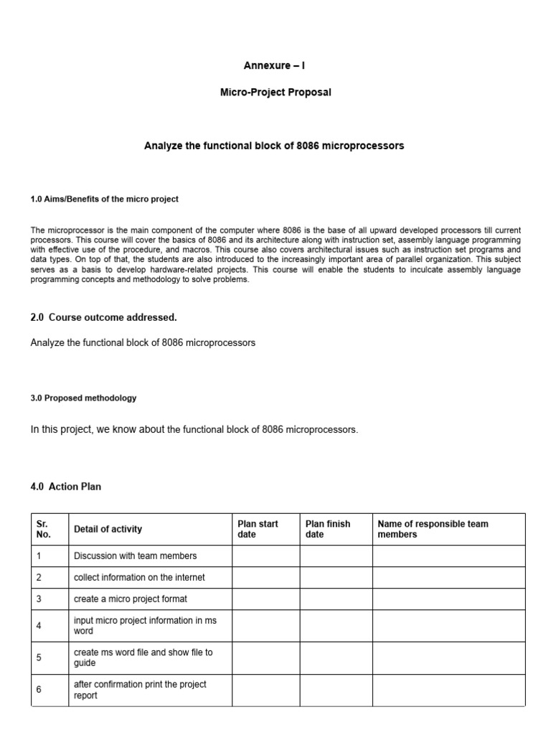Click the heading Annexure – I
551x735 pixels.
[x=275, y=65]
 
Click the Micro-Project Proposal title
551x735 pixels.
[x=275, y=93]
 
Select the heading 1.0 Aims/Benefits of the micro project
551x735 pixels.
[x=104, y=199]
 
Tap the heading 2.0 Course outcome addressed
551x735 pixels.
[x=103, y=317]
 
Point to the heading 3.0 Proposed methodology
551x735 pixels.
[x=83, y=398]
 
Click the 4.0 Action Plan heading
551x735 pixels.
[x=66, y=486]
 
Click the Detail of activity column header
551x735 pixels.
[x=108, y=529]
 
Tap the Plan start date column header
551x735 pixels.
[x=258, y=529]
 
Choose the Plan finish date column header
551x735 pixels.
[x=328, y=529]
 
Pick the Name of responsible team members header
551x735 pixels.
[x=433, y=529]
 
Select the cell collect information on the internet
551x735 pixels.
[x=139, y=577]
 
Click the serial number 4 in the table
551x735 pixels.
[x=39, y=626]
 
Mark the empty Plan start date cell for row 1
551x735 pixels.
[x=265, y=556]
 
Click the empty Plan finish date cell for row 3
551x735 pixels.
[x=335, y=599]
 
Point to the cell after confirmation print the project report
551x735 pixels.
[x=140, y=690]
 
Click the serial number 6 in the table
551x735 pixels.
[x=39, y=690]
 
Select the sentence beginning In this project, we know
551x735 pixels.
[x=194, y=430]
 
